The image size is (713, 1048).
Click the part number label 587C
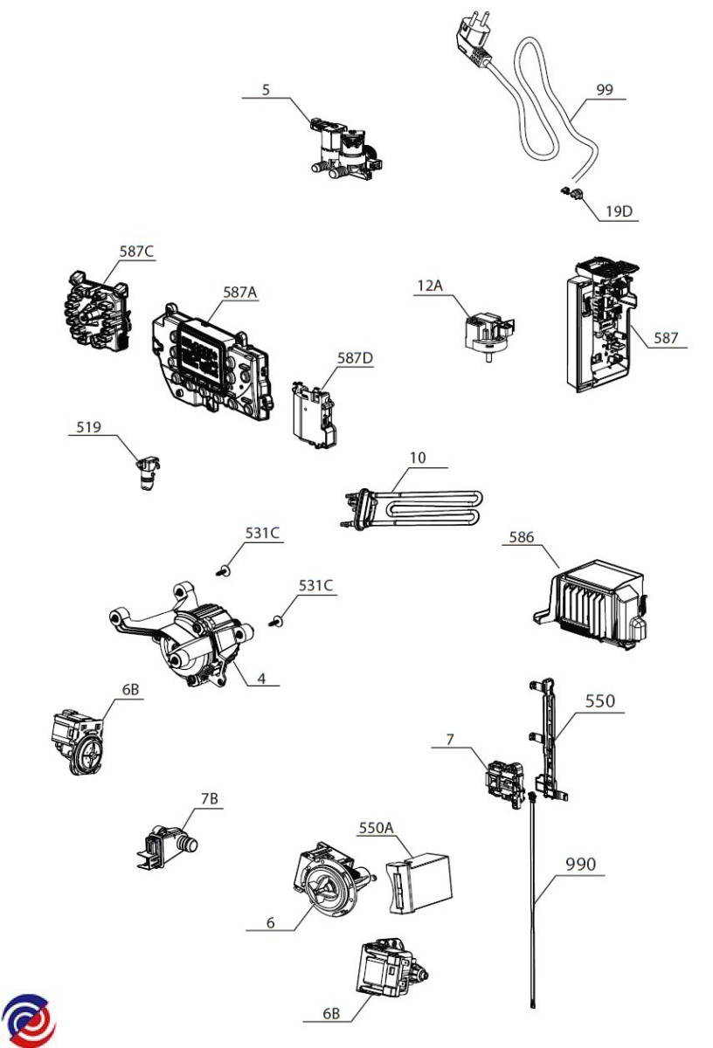[136, 252]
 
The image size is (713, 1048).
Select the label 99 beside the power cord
[605, 89]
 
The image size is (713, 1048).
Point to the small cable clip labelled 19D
[571, 193]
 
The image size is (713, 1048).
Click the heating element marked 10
[412, 508]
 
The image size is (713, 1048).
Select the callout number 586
[521, 537]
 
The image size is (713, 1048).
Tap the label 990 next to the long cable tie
[580, 864]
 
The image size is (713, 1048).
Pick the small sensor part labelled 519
[148, 472]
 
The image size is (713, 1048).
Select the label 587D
[356, 358]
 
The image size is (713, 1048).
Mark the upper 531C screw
[225, 569]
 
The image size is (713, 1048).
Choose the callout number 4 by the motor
[261, 678]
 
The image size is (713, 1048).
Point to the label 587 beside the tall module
[665, 337]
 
